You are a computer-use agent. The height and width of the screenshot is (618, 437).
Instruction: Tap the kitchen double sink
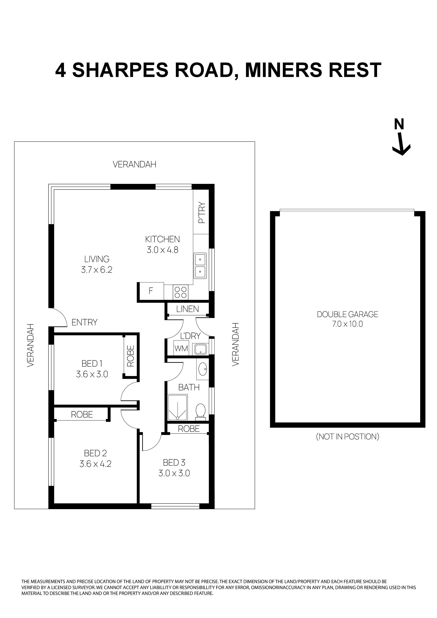point(200,266)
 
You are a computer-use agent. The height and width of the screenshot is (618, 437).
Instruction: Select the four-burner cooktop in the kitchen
point(180,292)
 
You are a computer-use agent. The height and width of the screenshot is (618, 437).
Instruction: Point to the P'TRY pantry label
point(202,213)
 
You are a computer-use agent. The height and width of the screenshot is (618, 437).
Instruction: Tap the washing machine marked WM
point(181,349)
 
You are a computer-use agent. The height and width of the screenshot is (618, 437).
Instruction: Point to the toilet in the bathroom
point(200,411)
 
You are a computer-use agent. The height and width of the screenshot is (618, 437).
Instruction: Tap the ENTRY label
point(84,322)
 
